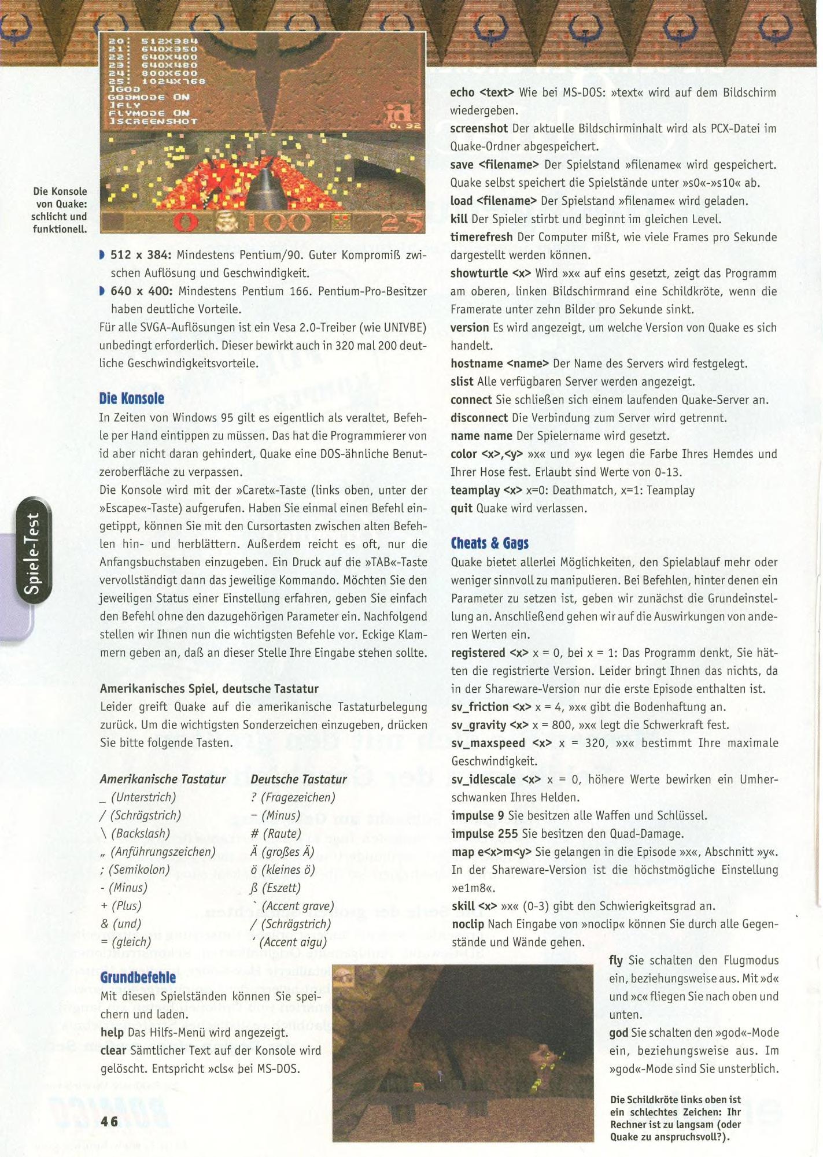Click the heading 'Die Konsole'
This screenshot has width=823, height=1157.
coord(132,398)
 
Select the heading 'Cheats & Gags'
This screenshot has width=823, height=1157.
coord(489,543)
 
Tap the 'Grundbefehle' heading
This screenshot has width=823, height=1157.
coord(138,977)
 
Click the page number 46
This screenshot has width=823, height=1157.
coord(109,1121)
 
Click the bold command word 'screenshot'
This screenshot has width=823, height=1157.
coord(479,128)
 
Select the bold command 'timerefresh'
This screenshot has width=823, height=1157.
coord(481,237)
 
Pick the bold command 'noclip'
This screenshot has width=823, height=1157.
coord(468,924)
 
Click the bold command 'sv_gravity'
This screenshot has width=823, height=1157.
coord(478,725)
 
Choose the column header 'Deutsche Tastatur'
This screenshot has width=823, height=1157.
coord(298,779)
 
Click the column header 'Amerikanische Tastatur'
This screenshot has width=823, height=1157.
coord(163,779)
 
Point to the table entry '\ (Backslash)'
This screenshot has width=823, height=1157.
coord(135,833)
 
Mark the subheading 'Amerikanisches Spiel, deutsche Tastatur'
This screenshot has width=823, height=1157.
coord(209,689)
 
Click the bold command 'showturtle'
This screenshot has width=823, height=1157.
coord(480,273)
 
